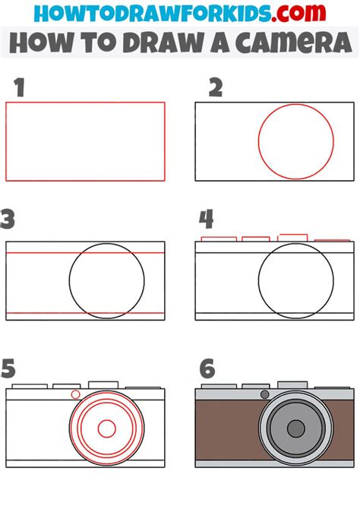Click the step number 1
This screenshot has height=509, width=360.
point(19,89)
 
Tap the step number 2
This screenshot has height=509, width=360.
point(216,89)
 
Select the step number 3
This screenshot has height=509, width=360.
point(8,220)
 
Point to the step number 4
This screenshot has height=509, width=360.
point(207,220)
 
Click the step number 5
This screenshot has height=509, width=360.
point(8,369)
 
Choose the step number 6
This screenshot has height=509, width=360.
point(207,370)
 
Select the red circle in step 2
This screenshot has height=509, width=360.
point(295,142)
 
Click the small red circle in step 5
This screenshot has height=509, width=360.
point(74,394)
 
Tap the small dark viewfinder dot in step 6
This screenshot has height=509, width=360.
point(264,394)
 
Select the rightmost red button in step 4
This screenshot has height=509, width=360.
point(332,240)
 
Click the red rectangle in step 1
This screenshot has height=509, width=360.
point(85,141)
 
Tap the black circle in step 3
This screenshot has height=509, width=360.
point(106,281)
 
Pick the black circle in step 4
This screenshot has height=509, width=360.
point(296,281)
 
